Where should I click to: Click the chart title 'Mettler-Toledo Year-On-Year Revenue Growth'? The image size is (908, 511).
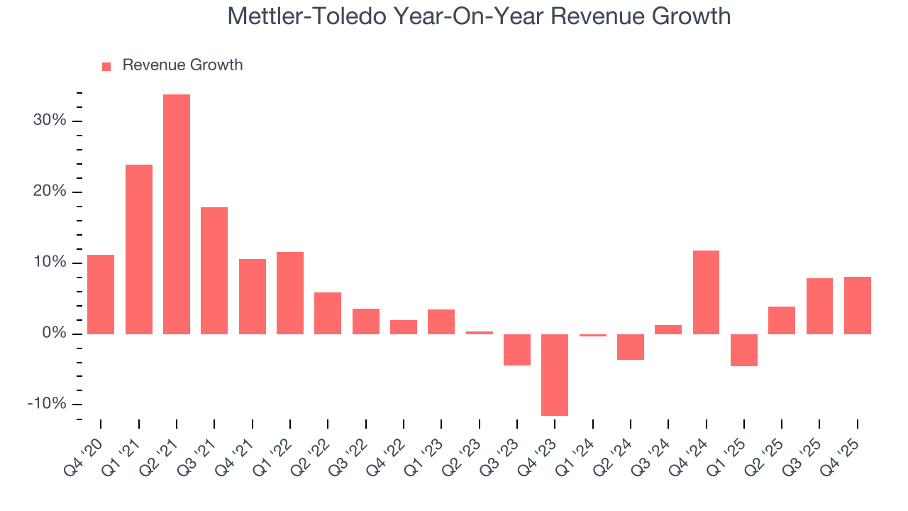(x=479, y=16)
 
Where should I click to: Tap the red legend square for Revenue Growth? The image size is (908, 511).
(x=106, y=66)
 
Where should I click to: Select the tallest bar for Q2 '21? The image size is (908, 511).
(x=177, y=214)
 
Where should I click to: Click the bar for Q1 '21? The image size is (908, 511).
(x=139, y=249)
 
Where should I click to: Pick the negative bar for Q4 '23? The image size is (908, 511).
(x=555, y=375)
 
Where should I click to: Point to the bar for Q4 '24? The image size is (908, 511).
(x=706, y=292)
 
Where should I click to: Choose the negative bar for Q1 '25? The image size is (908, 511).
(x=744, y=350)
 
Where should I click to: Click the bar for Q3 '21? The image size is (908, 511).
(x=214, y=270)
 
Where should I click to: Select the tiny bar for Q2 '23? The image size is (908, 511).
(x=480, y=332)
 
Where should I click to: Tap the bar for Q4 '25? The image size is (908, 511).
(x=857, y=305)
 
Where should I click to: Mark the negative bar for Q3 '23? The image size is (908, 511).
(x=517, y=349)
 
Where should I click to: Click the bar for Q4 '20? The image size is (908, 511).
(x=101, y=294)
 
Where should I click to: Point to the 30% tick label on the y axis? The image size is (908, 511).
(x=49, y=121)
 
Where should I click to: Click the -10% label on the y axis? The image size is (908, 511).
(x=48, y=404)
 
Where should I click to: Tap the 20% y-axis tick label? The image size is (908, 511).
(x=49, y=192)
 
